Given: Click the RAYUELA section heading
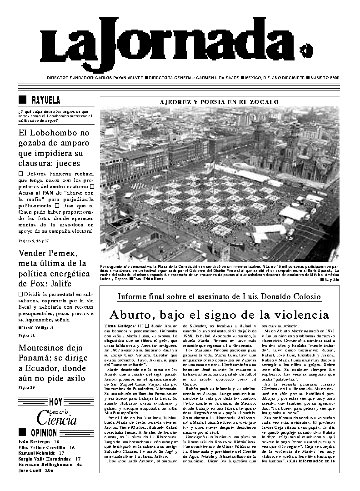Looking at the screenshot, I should tap(46, 100).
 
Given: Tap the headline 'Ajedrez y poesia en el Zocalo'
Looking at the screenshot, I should tap(219, 102).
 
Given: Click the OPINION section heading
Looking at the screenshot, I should tap(44, 432).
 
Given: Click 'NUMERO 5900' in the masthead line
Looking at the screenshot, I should tap(326, 77).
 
